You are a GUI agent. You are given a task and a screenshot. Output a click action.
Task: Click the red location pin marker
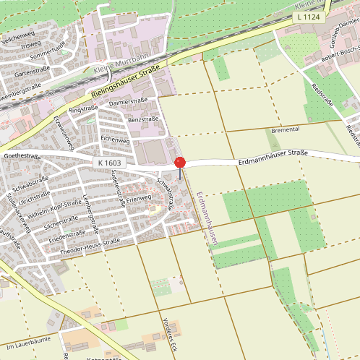[x=180, y=163]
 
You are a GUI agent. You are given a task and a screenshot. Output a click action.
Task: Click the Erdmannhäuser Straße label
[x=273, y=156]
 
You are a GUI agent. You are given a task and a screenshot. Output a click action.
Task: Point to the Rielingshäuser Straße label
[x=125, y=83]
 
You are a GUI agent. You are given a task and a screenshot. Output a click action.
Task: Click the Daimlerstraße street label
[x=128, y=102]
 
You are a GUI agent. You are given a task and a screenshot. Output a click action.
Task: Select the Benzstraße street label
[x=142, y=119]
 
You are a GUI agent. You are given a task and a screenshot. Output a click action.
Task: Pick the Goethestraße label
[x=22, y=155]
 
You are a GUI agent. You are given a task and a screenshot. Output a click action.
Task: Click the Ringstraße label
[x=83, y=109]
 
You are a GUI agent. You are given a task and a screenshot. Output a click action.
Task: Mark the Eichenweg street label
[x=113, y=137]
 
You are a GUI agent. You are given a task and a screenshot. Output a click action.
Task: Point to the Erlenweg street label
[x=138, y=197]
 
